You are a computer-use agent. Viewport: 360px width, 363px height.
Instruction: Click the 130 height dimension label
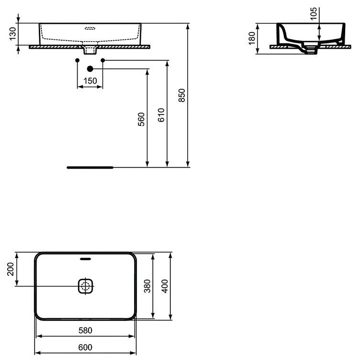pos(13,34)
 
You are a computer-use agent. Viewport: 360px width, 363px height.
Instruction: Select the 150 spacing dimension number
pos(90,81)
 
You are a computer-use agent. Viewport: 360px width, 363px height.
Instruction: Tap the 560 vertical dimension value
pos(141,119)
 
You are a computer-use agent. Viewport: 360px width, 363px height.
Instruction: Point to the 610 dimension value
pos(161,115)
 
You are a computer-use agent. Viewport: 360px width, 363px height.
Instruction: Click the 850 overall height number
pos(182,95)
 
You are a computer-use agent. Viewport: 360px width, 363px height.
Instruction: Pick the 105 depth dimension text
pos(313,14)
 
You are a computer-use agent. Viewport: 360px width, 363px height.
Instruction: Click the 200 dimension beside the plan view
pos(11,269)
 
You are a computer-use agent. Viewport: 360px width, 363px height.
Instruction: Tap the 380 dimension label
pos(147,286)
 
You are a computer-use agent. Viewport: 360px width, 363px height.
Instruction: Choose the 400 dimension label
pos(165,286)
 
